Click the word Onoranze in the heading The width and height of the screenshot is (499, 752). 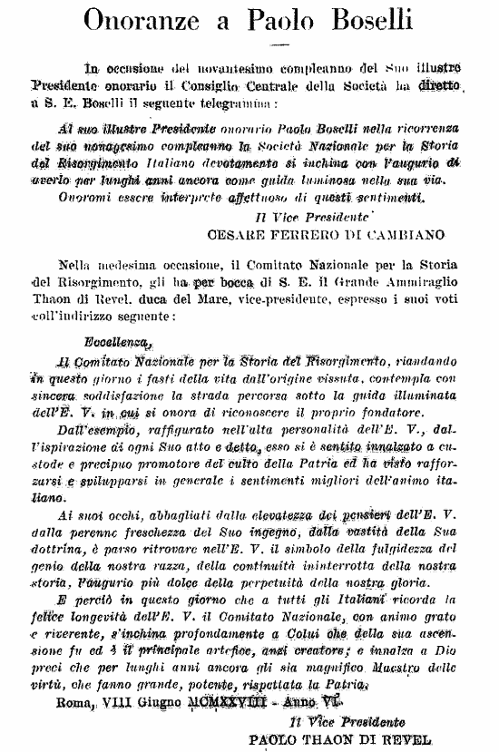[152, 19]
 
